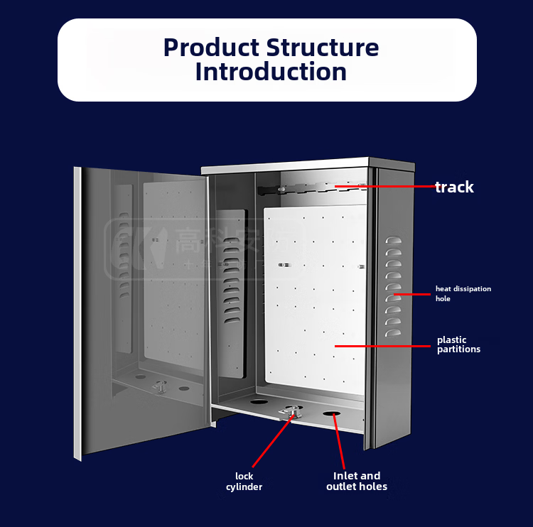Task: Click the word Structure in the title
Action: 323,48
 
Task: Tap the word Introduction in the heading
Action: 271,72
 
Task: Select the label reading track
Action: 454,188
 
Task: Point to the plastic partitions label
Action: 458,344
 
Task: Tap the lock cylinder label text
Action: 244,482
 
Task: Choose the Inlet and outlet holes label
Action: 357,482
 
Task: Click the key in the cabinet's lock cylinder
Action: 293,411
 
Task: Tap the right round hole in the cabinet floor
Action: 332,413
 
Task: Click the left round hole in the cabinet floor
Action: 259,402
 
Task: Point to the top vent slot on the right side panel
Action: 393,241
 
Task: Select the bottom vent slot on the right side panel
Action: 393,332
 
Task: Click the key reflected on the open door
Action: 161,386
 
